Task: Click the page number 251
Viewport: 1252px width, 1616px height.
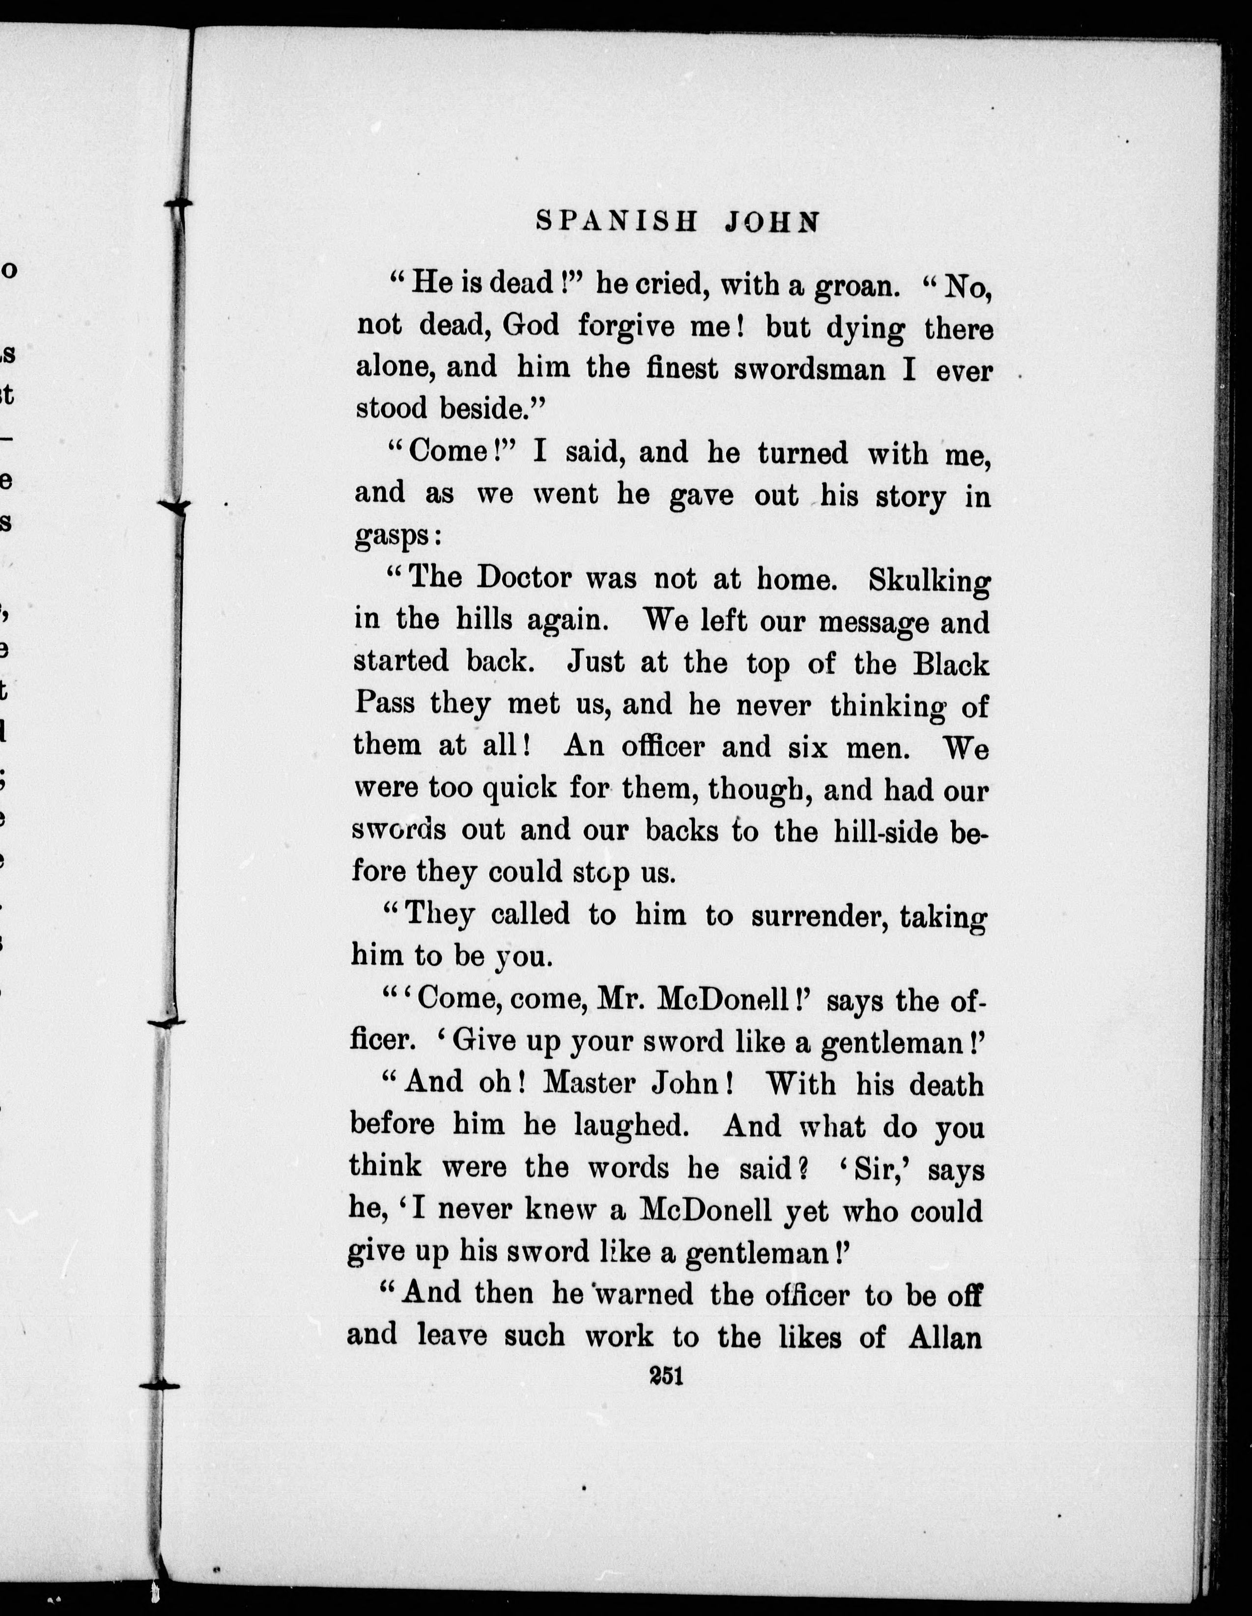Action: click(666, 1376)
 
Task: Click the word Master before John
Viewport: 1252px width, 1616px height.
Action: click(589, 1084)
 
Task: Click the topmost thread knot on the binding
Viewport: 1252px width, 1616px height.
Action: click(177, 203)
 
